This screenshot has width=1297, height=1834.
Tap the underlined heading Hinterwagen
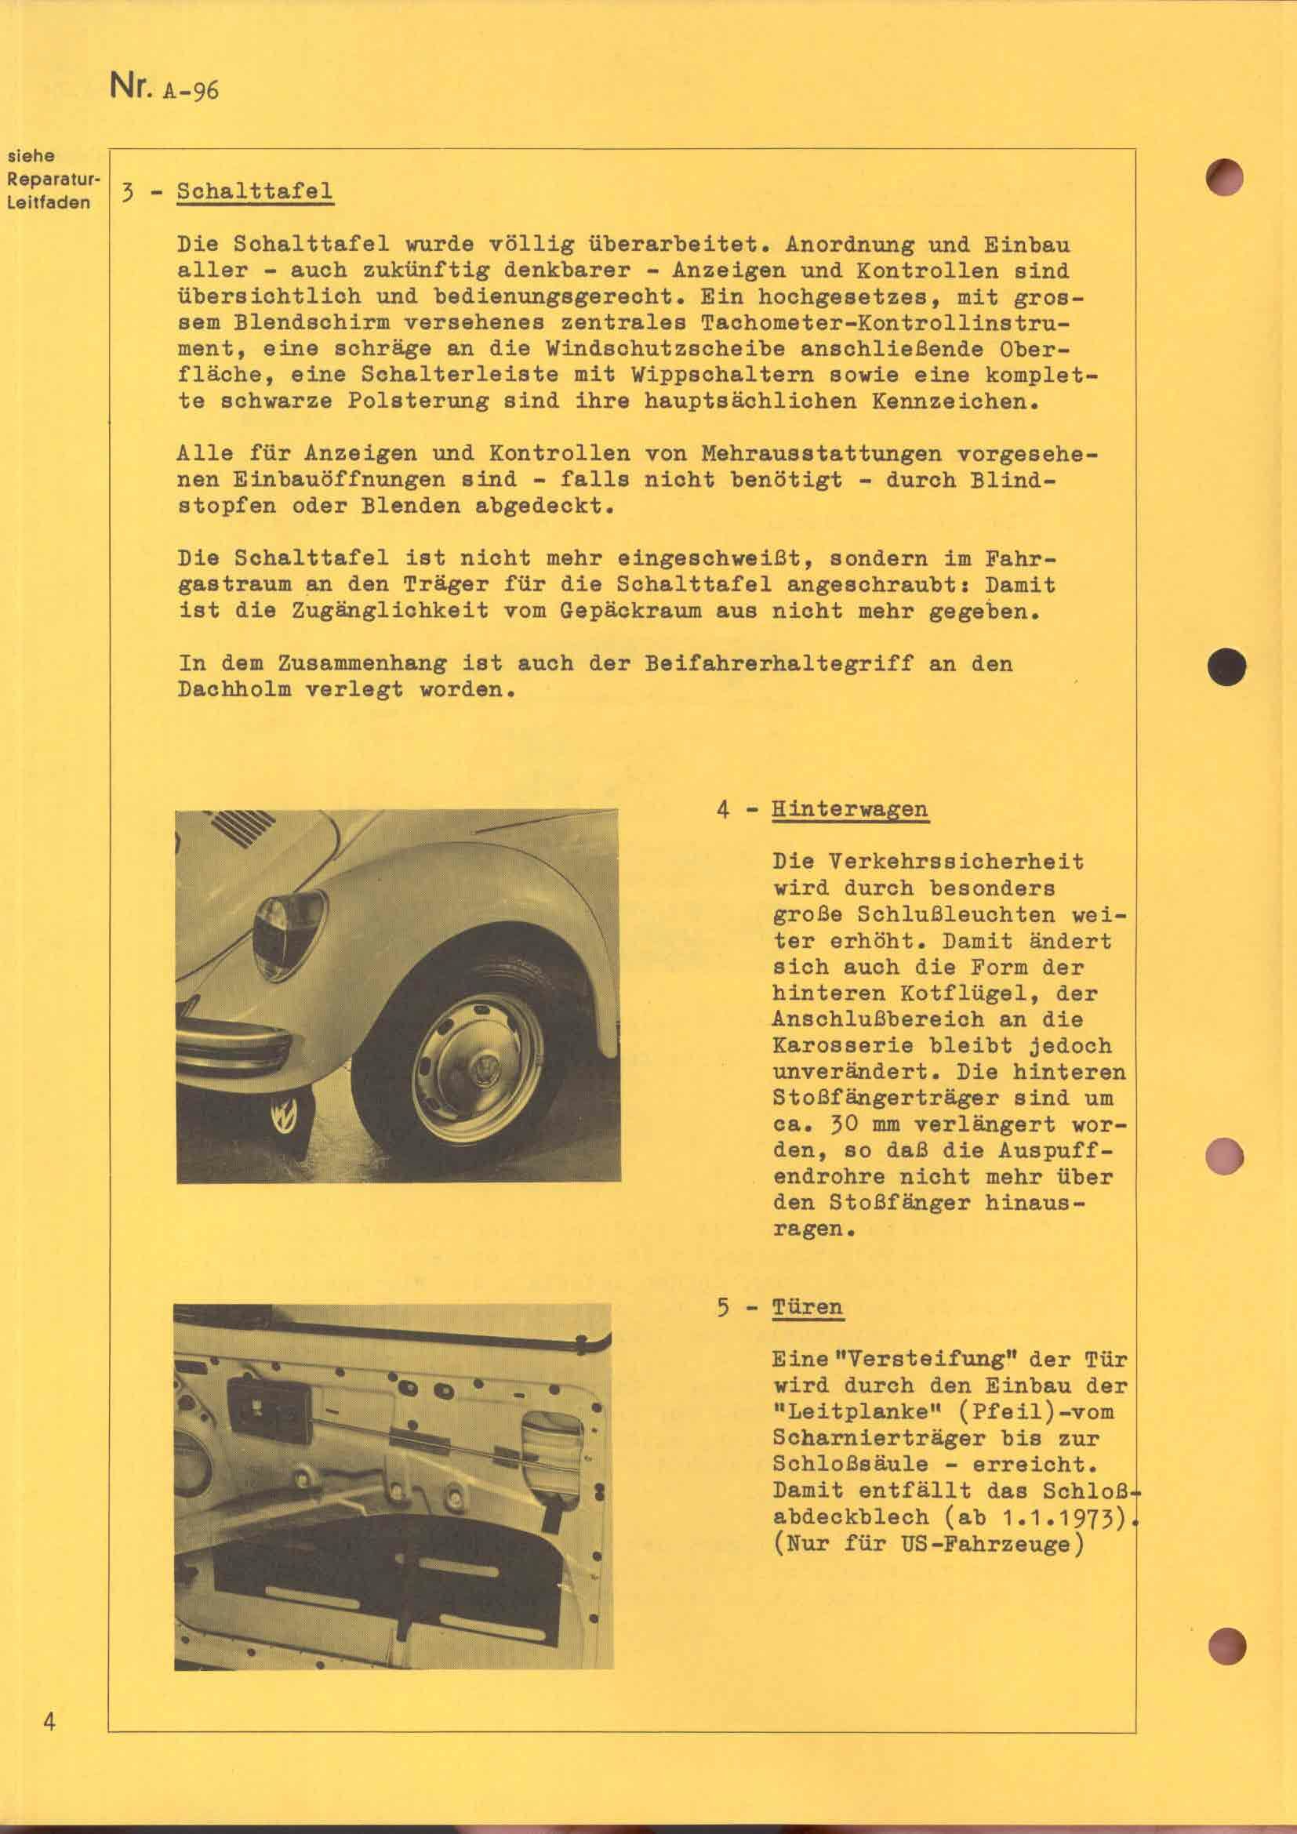pyautogui.click(x=850, y=808)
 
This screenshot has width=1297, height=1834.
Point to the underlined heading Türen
pyautogui.click(x=808, y=1308)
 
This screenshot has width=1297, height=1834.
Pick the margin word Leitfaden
pyautogui.click(x=49, y=204)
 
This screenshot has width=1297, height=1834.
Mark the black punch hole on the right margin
pyautogui.click(x=1226, y=666)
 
